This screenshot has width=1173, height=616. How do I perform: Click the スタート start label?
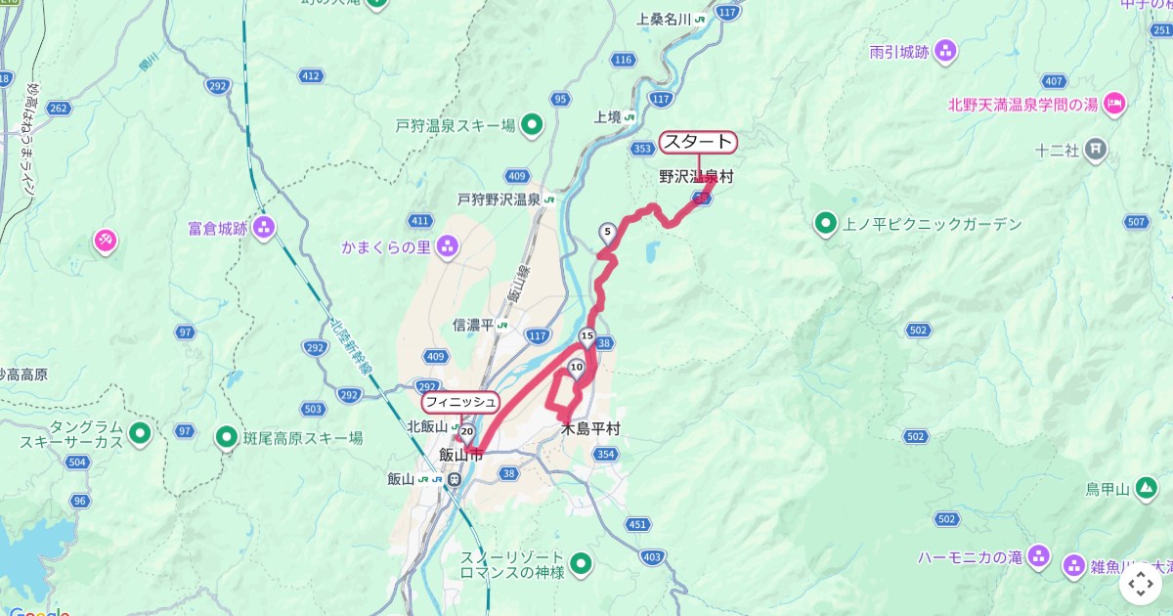(698, 142)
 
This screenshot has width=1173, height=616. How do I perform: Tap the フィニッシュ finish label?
(460, 402)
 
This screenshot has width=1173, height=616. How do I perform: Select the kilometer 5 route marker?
(608, 233)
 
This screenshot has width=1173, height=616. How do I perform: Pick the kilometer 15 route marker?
(586, 337)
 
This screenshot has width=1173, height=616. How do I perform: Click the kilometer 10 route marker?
(576, 368)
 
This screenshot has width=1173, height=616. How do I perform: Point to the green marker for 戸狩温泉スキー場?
(532, 125)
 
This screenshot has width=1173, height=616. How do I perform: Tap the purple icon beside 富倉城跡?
(263, 229)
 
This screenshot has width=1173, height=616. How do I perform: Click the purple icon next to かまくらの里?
(447, 246)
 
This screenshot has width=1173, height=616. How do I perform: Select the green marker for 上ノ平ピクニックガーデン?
(826, 225)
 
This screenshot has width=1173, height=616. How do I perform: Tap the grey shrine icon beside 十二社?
(1096, 150)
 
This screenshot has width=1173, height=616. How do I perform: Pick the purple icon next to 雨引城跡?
(945, 52)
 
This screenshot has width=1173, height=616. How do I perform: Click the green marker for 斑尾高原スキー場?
(227, 437)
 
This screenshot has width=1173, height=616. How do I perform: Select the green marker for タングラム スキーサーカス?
(140, 431)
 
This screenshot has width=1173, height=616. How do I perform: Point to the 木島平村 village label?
(590, 429)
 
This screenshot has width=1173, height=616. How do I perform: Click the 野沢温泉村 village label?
(695, 177)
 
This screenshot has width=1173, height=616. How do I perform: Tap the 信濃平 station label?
(473, 326)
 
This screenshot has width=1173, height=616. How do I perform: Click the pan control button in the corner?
(1141, 585)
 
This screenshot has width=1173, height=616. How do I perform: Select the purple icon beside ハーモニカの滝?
(1039, 557)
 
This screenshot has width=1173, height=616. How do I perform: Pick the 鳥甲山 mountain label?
(1108, 489)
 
